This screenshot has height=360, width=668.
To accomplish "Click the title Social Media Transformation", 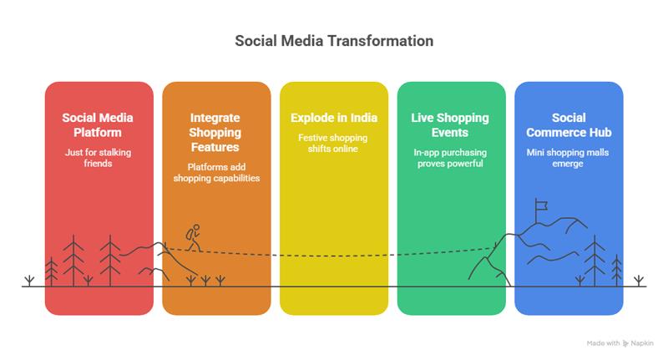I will click(334, 40).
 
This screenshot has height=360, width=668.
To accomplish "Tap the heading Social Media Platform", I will click(99, 125).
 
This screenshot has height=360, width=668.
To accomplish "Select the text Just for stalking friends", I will click(99, 159).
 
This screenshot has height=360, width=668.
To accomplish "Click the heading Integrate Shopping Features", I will click(216, 132).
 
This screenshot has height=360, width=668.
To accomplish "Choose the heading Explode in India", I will click(334, 118).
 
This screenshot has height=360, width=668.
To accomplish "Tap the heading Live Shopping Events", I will click(451, 125).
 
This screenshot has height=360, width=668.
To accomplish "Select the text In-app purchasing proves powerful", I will click(451, 159).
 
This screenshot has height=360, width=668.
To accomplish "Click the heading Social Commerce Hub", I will click(569, 125).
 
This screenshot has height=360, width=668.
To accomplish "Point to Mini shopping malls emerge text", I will click(569, 159).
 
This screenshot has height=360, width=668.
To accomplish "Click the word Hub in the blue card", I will click(599, 133).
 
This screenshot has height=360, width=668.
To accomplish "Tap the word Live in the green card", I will click(424, 118).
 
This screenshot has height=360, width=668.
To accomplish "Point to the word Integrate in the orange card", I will click(216, 118).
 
